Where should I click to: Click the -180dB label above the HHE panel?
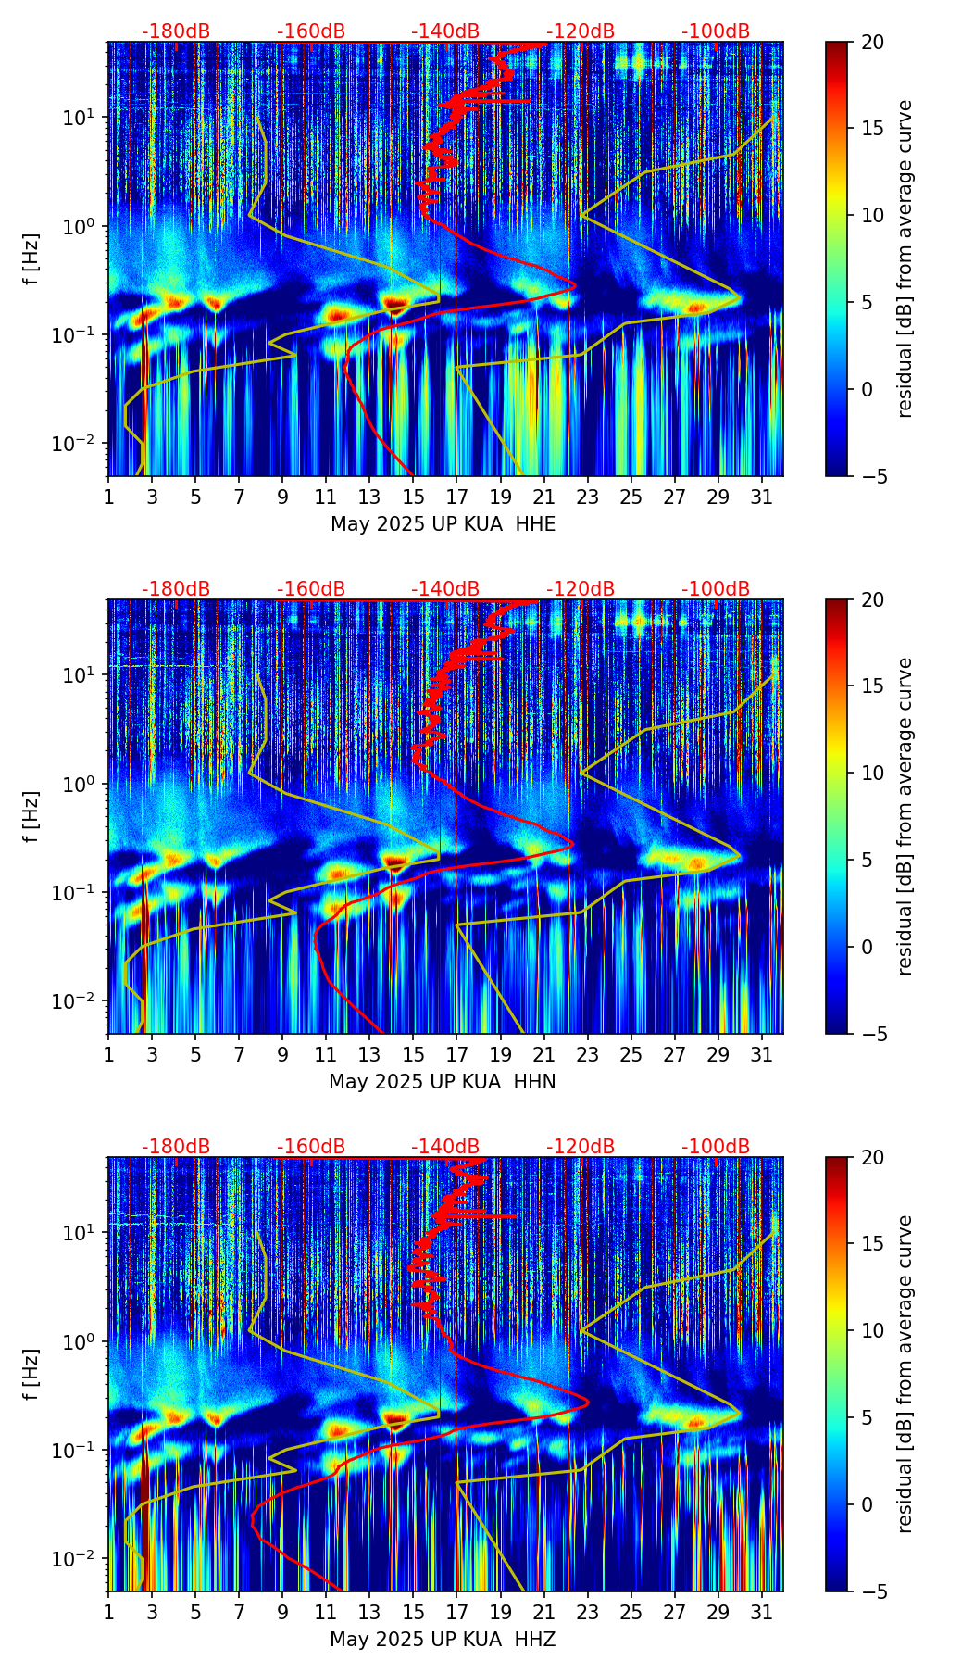(x=176, y=31)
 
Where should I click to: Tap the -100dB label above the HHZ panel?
(x=716, y=1147)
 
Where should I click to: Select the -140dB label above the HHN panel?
(x=445, y=589)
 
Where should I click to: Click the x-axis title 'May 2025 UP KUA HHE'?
(x=443, y=524)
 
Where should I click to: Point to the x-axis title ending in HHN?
(x=442, y=1082)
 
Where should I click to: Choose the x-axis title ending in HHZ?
(x=442, y=1640)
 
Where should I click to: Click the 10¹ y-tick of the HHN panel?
(x=85, y=675)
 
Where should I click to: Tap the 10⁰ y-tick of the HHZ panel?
(x=85, y=1341)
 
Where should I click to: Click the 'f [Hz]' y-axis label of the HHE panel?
(x=32, y=259)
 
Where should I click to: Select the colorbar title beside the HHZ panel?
(x=905, y=1374)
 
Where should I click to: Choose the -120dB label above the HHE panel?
(x=581, y=31)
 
